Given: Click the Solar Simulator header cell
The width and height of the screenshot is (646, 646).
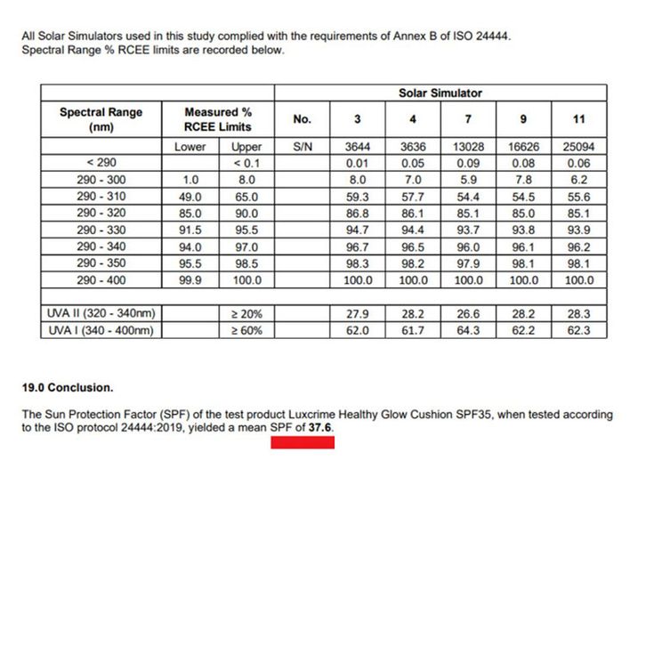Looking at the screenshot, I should [x=440, y=93].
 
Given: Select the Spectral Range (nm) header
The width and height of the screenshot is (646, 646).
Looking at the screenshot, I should [x=101, y=119].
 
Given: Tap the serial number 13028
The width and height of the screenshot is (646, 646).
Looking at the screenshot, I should [x=468, y=147].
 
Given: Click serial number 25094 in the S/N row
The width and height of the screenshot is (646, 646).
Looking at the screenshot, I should [x=578, y=147].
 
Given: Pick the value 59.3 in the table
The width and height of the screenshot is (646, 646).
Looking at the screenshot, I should [x=358, y=197].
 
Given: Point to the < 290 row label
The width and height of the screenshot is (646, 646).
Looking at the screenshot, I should [x=101, y=163].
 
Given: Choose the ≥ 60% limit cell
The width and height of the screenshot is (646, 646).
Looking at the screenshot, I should [x=246, y=330].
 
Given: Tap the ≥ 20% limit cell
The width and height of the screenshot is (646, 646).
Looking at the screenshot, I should [x=246, y=313].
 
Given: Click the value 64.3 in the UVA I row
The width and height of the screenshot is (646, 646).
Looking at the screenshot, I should [x=468, y=330].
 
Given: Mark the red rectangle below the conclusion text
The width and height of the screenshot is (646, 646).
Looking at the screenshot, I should [x=303, y=442].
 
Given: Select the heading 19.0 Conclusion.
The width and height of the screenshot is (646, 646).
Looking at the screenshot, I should [x=68, y=388].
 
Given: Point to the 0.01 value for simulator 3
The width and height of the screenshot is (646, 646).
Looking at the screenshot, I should [x=358, y=163].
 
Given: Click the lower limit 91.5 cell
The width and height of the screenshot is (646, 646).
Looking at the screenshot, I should [x=190, y=230].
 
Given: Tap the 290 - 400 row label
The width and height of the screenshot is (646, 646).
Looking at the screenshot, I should [x=101, y=280].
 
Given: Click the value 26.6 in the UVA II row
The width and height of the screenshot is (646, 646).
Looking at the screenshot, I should [x=468, y=313].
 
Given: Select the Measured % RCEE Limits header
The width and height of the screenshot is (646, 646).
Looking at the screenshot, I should [x=218, y=119].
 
